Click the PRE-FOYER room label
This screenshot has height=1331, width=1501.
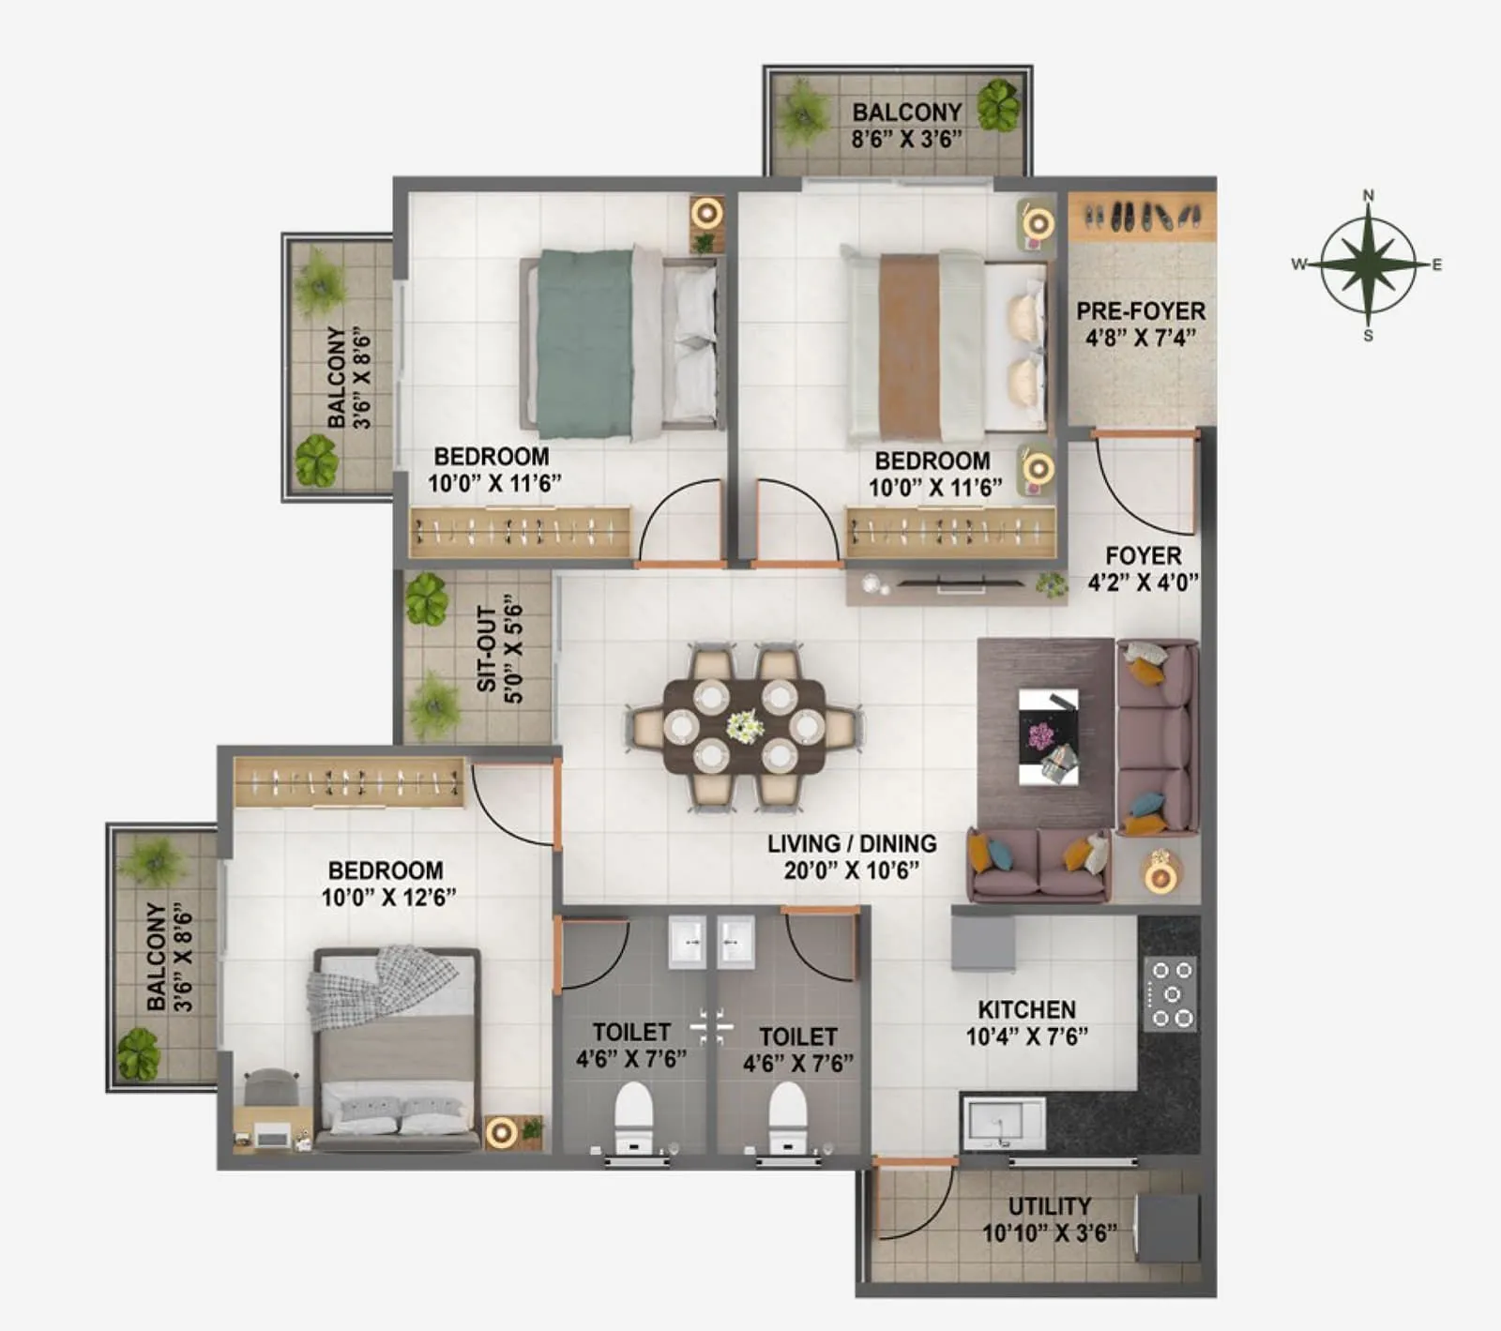click(1141, 311)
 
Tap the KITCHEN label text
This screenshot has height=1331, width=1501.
click(1026, 1010)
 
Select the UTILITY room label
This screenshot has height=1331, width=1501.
click(1049, 1206)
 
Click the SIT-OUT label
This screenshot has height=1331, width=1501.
click(487, 649)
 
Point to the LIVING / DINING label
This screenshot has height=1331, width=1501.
click(852, 844)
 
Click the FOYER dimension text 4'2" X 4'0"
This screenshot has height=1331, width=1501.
click(1143, 582)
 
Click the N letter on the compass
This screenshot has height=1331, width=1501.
click(1368, 195)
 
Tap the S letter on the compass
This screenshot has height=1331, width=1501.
click(1368, 336)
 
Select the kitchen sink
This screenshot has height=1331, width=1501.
click(1002, 1122)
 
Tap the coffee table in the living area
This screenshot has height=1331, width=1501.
click(1048, 737)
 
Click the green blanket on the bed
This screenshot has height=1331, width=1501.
click(584, 343)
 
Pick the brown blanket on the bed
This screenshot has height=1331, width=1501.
click(909, 347)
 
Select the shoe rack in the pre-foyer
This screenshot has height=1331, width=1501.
click(1142, 218)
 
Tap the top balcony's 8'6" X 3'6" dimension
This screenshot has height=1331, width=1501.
click(906, 140)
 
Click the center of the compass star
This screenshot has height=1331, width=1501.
click(1368, 265)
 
